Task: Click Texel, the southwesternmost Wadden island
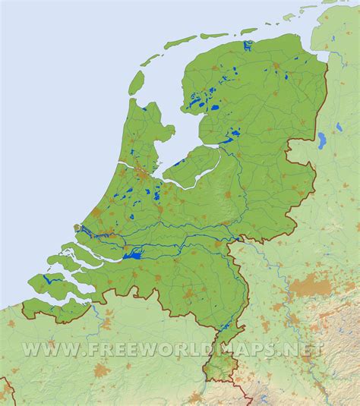135,82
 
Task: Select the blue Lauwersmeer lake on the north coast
248,46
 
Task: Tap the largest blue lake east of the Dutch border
323,140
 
